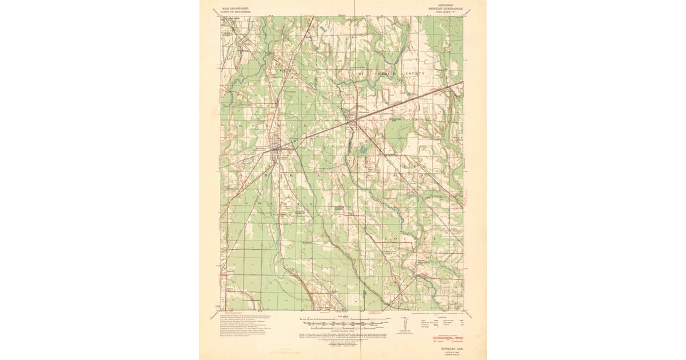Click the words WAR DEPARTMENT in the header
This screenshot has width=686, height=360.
[x=235, y=9]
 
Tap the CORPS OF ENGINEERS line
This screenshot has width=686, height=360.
[x=235, y=13]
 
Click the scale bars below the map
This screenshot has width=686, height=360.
[x=343, y=323]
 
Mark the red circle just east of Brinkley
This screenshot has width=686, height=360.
[x=290, y=152]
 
